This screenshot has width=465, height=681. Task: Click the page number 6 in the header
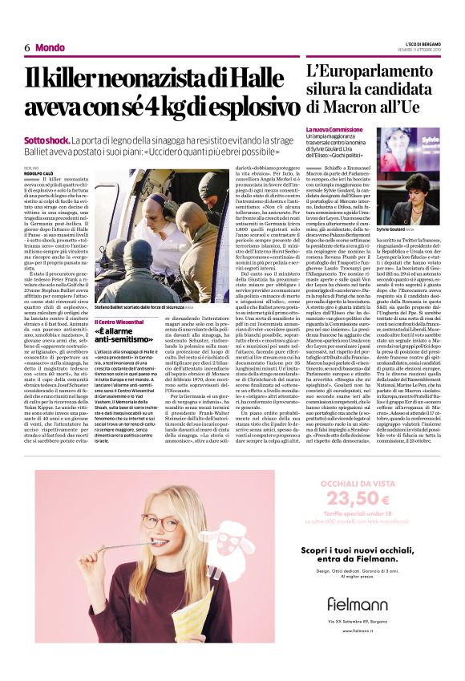[x=27, y=47]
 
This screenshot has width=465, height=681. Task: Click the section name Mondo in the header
[x=51, y=47]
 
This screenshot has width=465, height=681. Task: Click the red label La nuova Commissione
[x=330, y=128]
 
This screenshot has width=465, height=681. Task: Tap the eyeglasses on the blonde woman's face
[x=160, y=522]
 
